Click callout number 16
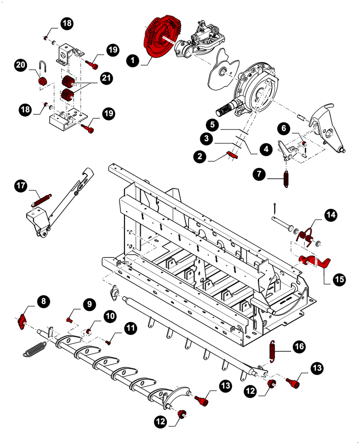tap(300, 346)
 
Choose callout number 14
tap(330, 215)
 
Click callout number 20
tap(21, 65)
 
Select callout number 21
tap(106, 78)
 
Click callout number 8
tap(43, 302)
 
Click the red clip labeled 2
tap(231, 155)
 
